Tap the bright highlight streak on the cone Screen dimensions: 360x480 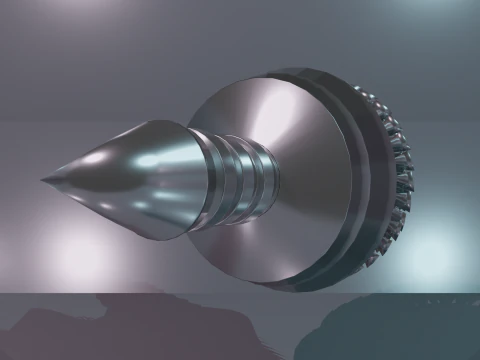(150, 159)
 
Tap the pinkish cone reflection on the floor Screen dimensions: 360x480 (110, 320)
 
